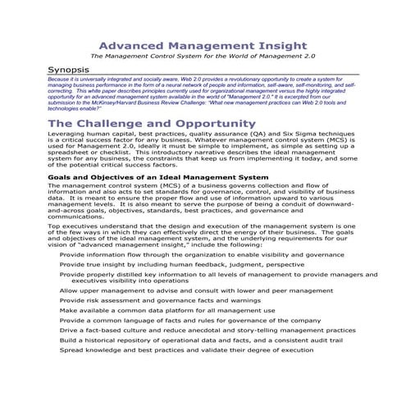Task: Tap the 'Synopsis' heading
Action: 71,71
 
